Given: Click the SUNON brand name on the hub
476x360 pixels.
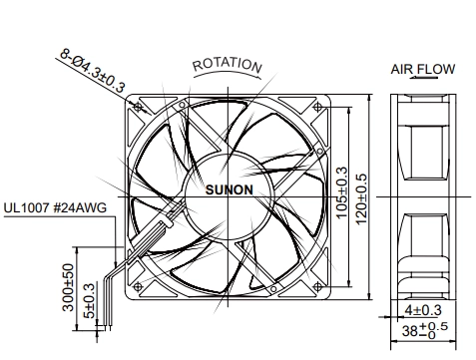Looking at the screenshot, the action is pyautogui.click(x=230, y=189).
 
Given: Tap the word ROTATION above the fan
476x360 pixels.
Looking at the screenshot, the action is pyautogui.click(x=228, y=65).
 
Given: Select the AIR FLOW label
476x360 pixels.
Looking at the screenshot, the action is pyautogui.click(x=422, y=69).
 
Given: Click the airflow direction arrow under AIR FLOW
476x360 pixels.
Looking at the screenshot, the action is pyautogui.click(x=424, y=78).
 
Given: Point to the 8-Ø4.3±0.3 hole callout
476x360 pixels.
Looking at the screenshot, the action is pyautogui.click(x=92, y=71).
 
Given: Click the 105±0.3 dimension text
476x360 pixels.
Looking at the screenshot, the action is pyautogui.click(x=341, y=192).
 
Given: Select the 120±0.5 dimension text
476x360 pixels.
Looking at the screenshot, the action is pyautogui.click(x=361, y=198).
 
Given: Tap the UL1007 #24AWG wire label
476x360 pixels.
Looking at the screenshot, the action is pyautogui.click(x=55, y=207).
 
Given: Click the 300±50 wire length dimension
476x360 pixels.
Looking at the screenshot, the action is pyautogui.click(x=68, y=287).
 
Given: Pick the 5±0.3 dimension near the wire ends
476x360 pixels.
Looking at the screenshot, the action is pyautogui.click(x=90, y=301).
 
